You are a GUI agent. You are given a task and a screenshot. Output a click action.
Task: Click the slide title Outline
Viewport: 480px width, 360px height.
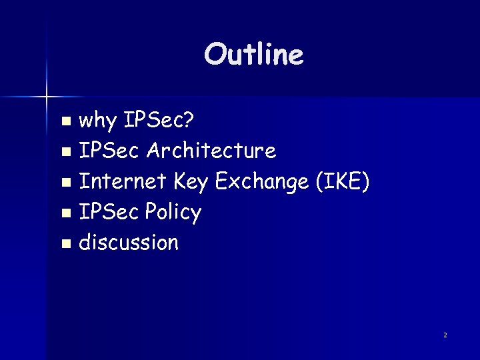(254, 55)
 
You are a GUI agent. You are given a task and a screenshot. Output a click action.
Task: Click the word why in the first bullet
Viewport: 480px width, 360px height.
(97, 121)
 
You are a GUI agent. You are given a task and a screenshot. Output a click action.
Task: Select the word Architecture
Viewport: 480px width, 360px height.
(211, 151)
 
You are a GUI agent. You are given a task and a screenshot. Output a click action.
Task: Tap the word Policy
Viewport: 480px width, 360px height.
(171, 212)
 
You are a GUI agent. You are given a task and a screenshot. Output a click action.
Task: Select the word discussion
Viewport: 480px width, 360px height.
(129, 242)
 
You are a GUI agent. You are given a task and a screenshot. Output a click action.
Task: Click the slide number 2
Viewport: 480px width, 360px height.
(445, 335)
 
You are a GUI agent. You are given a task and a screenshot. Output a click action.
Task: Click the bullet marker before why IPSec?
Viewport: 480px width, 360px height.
(65, 122)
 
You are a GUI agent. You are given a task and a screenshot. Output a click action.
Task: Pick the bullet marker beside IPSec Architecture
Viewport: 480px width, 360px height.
(65, 153)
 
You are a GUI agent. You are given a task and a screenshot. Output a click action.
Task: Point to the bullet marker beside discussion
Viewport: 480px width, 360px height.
(65, 244)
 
